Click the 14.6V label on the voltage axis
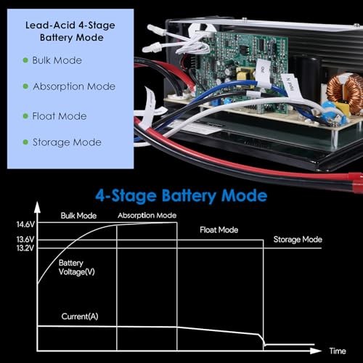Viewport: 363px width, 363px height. (x=25, y=224)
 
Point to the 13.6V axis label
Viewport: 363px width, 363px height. (x=25, y=240)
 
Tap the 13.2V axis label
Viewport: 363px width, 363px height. (x=25, y=248)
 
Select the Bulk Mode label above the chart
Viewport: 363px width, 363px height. (x=78, y=216)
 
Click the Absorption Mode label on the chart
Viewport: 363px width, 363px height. (x=147, y=216)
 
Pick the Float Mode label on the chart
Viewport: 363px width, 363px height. (x=219, y=230)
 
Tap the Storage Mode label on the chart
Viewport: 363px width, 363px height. (x=298, y=240)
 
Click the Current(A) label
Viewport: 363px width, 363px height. (x=80, y=317)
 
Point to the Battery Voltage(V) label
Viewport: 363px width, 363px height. (x=76, y=267)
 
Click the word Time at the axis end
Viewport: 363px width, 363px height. (x=338, y=351)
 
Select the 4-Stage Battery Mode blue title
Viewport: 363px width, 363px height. (x=181, y=196)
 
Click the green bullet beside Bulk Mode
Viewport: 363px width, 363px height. (x=25, y=60)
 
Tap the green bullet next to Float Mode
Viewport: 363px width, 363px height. (x=25, y=116)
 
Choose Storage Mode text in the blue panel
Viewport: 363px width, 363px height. (x=67, y=142)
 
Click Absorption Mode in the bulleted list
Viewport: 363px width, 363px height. (x=74, y=86)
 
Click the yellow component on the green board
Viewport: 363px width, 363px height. (x=245, y=74)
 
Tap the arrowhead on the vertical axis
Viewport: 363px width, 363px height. (x=37, y=208)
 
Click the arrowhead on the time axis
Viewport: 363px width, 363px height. (x=316, y=351)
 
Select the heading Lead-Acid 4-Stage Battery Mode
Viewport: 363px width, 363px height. (x=70, y=31)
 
